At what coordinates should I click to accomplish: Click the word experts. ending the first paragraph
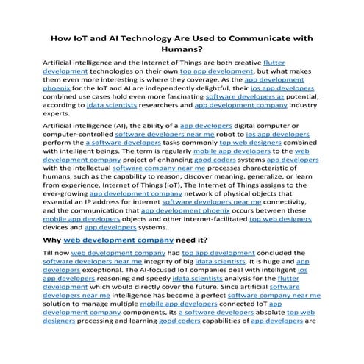click(59, 114)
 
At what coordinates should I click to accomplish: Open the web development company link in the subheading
click(118, 240)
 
